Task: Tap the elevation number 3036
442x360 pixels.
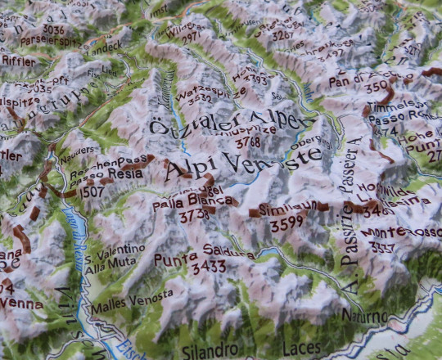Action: (x=53, y=29)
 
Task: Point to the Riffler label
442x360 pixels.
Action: (x=18, y=61)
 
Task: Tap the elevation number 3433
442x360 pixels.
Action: (x=208, y=267)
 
